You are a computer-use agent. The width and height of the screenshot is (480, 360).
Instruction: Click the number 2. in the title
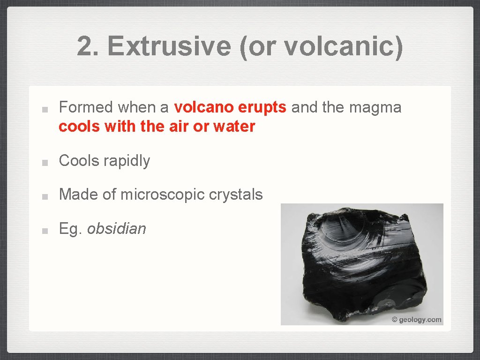pos(89,46)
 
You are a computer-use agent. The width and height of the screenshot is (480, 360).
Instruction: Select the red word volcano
pos(204,107)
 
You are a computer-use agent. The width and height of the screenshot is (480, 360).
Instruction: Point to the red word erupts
pos(262,108)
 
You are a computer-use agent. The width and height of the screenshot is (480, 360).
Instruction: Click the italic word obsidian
pos(117,229)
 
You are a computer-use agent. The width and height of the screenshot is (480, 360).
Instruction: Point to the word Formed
pos(86,107)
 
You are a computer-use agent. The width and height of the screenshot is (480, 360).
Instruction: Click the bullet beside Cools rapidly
pos(43,162)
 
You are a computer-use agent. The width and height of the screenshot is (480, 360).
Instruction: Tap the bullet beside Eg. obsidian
pos(43,230)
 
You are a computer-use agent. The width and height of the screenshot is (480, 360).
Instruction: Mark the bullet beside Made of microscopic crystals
pos(43,196)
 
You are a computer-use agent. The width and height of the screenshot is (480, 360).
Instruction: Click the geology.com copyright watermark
pos(417,320)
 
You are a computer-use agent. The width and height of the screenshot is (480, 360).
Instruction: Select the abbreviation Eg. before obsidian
pos(70,229)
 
